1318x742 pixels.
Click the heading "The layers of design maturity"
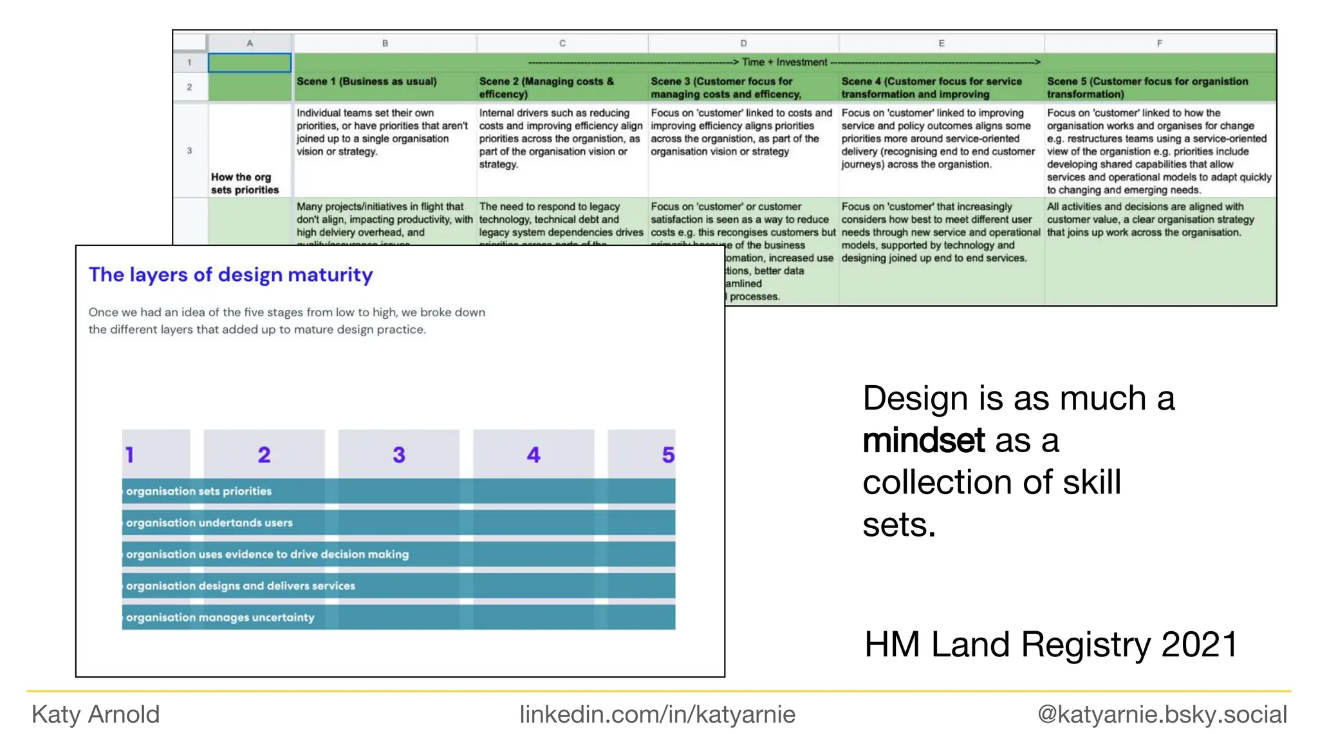click(230, 275)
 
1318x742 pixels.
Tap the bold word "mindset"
click(924, 441)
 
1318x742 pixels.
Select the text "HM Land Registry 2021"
click(1050, 645)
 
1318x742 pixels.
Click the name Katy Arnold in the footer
click(95, 714)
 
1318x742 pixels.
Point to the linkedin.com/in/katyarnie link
click(657, 714)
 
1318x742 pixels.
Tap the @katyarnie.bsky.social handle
click(1162, 714)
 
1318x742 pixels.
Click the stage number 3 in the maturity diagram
click(399, 455)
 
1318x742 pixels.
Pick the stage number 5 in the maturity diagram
click(668, 455)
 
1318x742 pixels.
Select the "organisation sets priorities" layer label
click(199, 491)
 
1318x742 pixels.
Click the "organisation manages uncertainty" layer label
click(220, 618)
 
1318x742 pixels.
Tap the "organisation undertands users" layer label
click(209, 523)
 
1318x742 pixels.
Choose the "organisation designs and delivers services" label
click(241, 586)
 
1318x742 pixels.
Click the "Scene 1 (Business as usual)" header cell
click(366, 82)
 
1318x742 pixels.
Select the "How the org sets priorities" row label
click(245, 184)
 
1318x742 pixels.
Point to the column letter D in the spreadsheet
click(743, 43)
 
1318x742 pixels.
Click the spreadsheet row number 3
click(189, 151)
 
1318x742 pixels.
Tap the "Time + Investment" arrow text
click(784, 62)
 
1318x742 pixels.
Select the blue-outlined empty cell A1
click(250, 62)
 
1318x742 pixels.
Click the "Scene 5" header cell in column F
click(1147, 88)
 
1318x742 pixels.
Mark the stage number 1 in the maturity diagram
click(130, 455)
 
